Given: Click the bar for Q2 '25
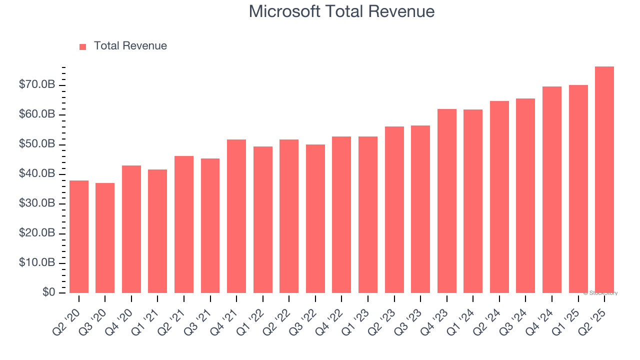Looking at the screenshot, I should (x=604, y=180).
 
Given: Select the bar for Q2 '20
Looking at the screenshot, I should (x=79, y=236).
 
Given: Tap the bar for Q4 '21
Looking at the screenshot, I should (x=236, y=216).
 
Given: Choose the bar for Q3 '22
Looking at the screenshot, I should (x=315, y=218).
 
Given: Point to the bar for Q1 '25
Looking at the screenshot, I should (x=578, y=189).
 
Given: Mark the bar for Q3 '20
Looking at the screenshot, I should (x=105, y=238).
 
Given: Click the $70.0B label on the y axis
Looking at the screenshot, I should (x=36, y=85).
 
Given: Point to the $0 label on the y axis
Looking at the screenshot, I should (x=48, y=292).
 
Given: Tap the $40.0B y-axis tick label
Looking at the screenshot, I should (x=36, y=174).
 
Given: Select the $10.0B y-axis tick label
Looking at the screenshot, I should (x=36, y=263).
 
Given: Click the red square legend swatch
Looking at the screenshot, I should (x=83, y=46).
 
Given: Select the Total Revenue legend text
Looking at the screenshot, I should (x=130, y=46).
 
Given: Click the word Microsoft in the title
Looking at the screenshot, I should (x=284, y=11).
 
